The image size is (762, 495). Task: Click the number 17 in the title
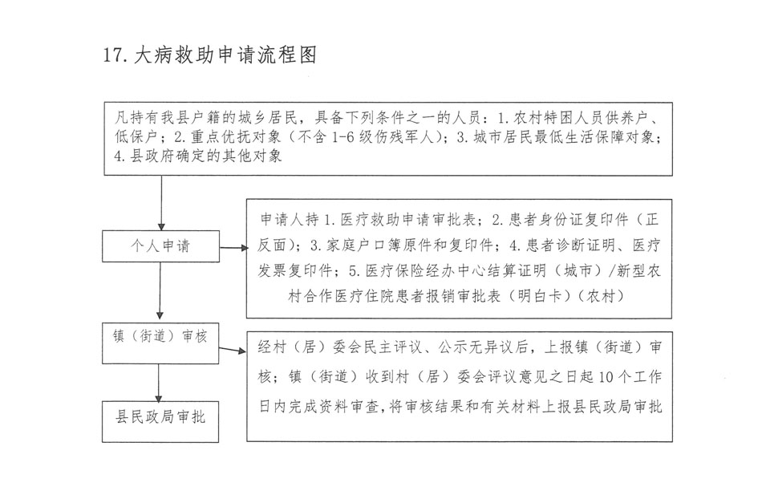113,55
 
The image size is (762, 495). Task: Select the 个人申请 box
160,246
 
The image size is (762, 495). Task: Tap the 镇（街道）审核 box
160,336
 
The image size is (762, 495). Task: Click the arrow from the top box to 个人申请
161,204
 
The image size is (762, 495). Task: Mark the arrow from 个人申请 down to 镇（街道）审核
160,293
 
